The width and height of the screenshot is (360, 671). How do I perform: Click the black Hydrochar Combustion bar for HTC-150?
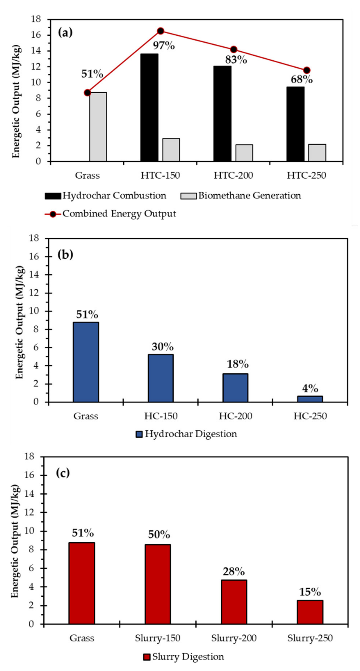[149, 107]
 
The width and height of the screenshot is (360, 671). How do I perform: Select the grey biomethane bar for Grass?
[98, 127]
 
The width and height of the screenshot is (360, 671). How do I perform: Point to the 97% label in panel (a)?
[163, 46]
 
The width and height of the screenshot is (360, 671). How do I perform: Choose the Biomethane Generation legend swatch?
[188, 196]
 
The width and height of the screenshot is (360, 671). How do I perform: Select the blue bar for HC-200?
[235, 388]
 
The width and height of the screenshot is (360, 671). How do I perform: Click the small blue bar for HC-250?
[310, 399]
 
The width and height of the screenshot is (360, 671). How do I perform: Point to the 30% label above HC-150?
[162, 347]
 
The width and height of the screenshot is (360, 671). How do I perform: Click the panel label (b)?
[65, 255]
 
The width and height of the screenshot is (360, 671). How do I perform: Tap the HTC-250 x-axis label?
[306, 176]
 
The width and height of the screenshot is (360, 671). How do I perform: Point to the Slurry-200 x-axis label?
[233, 638]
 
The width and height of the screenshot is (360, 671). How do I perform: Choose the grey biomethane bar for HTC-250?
[317, 153]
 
